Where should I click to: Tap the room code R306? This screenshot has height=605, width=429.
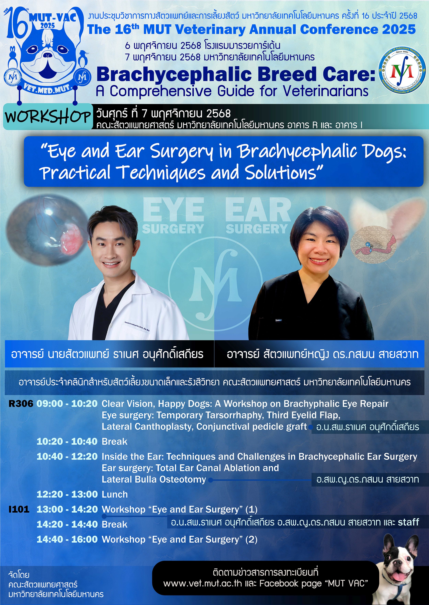(x=21, y=404)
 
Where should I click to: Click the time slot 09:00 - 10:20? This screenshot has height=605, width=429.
(x=67, y=404)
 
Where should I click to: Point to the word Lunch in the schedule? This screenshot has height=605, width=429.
(x=115, y=494)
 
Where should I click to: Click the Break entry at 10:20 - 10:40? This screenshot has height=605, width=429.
(x=115, y=442)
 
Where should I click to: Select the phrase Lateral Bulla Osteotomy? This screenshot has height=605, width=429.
(x=154, y=479)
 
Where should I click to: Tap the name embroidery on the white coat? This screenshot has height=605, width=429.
(x=137, y=326)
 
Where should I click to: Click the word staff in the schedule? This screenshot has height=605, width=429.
(x=408, y=522)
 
